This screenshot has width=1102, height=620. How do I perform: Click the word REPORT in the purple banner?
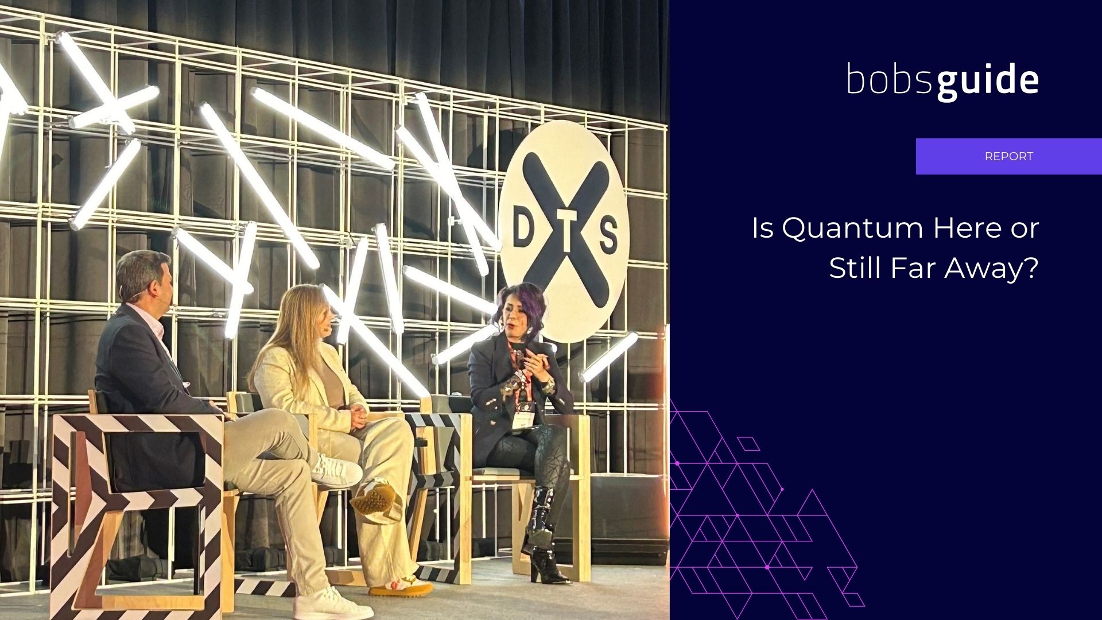pos(1008,156)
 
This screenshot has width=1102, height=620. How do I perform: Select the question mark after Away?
pos(1031,268)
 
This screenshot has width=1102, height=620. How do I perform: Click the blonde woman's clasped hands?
pos(357,415)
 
